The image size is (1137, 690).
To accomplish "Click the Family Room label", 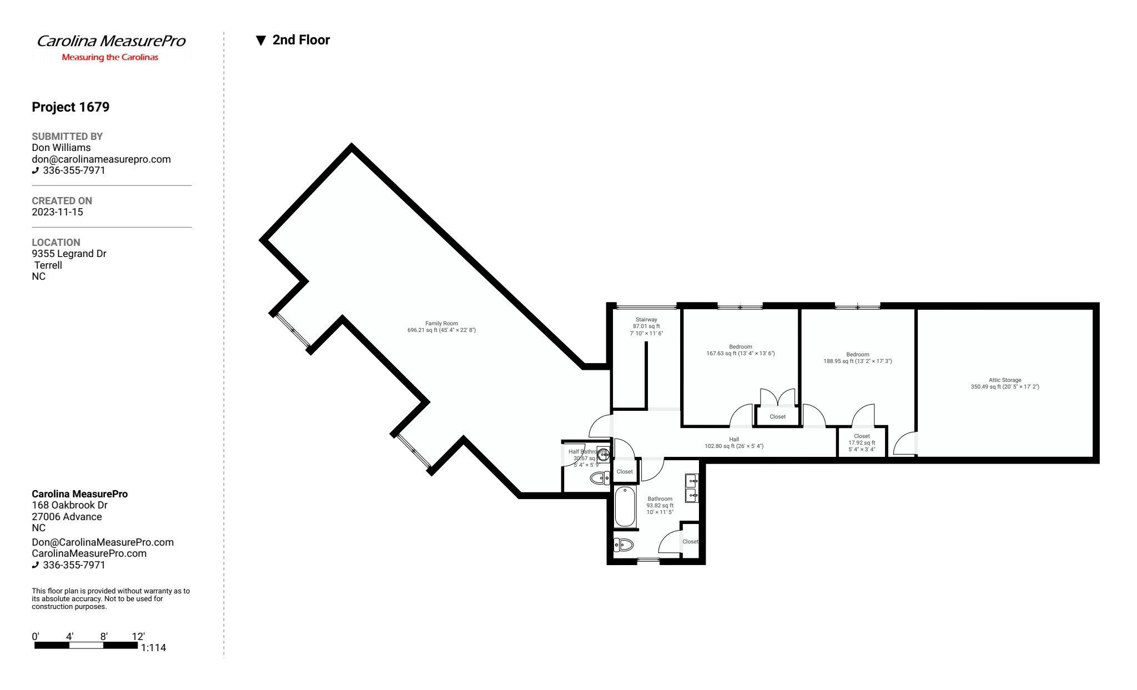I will pyautogui.click(x=441, y=327).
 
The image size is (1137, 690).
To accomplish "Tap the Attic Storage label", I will pyautogui.click(x=1004, y=384).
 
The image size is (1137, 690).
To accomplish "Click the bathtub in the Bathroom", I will pyautogui.click(x=625, y=507).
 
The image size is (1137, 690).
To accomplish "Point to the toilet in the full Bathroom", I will pyautogui.click(x=623, y=545).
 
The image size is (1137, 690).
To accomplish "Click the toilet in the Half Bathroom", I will pyautogui.click(x=600, y=478).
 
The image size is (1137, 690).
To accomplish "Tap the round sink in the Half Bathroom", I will pyautogui.click(x=603, y=453).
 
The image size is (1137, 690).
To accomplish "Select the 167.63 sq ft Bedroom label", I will pyautogui.click(x=740, y=350).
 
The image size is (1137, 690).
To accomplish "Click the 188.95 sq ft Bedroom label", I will pyautogui.click(x=857, y=358).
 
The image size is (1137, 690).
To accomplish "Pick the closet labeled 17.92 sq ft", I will pyautogui.click(x=862, y=442).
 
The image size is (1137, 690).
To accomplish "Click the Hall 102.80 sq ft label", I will pyautogui.click(x=733, y=442).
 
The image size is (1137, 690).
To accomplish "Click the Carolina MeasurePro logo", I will pyautogui.click(x=111, y=47).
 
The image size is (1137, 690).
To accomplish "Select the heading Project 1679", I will pyautogui.click(x=71, y=107).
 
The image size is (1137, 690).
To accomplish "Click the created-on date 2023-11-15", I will pyautogui.click(x=57, y=212).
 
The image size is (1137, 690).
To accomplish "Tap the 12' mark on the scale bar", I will pyautogui.click(x=138, y=637).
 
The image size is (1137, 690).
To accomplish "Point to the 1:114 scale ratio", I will pyautogui.click(x=153, y=648).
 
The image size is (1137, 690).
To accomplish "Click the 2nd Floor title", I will pyautogui.click(x=301, y=40).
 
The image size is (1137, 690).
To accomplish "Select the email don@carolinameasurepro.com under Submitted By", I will pyautogui.click(x=101, y=159).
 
